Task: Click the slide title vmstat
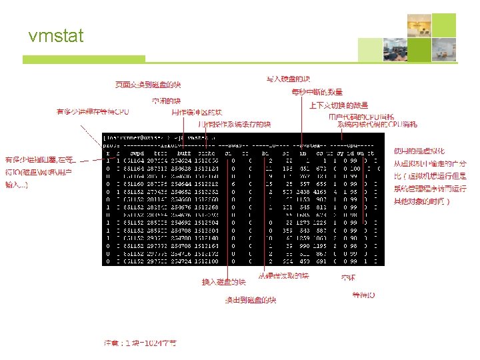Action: pos(56,36)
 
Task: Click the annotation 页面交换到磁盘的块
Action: pos(148,85)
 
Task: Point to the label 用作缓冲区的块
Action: pos(202,113)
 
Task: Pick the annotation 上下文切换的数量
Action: pos(338,105)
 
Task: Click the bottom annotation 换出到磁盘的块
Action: pos(251,300)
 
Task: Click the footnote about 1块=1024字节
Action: pos(140,342)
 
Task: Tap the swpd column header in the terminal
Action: pos(137,153)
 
